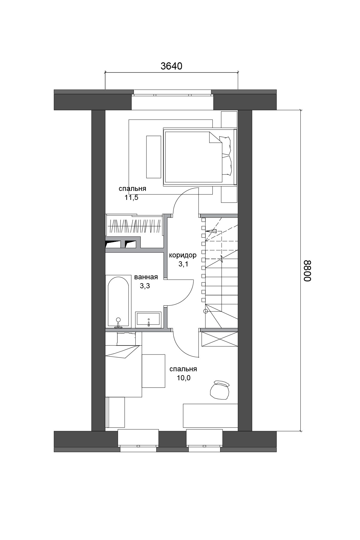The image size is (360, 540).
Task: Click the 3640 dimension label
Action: pyautogui.click(x=171, y=66)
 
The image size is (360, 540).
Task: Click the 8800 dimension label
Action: pyautogui.click(x=308, y=270)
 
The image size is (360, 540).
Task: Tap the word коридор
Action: pyautogui.click(x=183, y=255)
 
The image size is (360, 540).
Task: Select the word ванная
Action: pyautogui.click(x=146, y=277)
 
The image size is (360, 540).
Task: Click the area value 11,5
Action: pyautogui.click(x=131, y=198)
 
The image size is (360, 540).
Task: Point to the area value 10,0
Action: pyautogui.click(x=184, y=378)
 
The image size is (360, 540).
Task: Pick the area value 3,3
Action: pyautogui.click(x=145, y=286)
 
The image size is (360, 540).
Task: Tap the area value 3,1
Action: pyautogui.click(x=183, y=264)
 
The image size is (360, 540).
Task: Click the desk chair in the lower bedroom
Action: pyautogui.click(x=220, y=390)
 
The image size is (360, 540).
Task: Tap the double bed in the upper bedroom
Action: pyautogui.click(x=200, y=157)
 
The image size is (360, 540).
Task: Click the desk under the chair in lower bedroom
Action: pyautogui.click(x=210, y=415)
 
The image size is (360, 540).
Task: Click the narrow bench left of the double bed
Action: pyautogui.click(x=153, y=156)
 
